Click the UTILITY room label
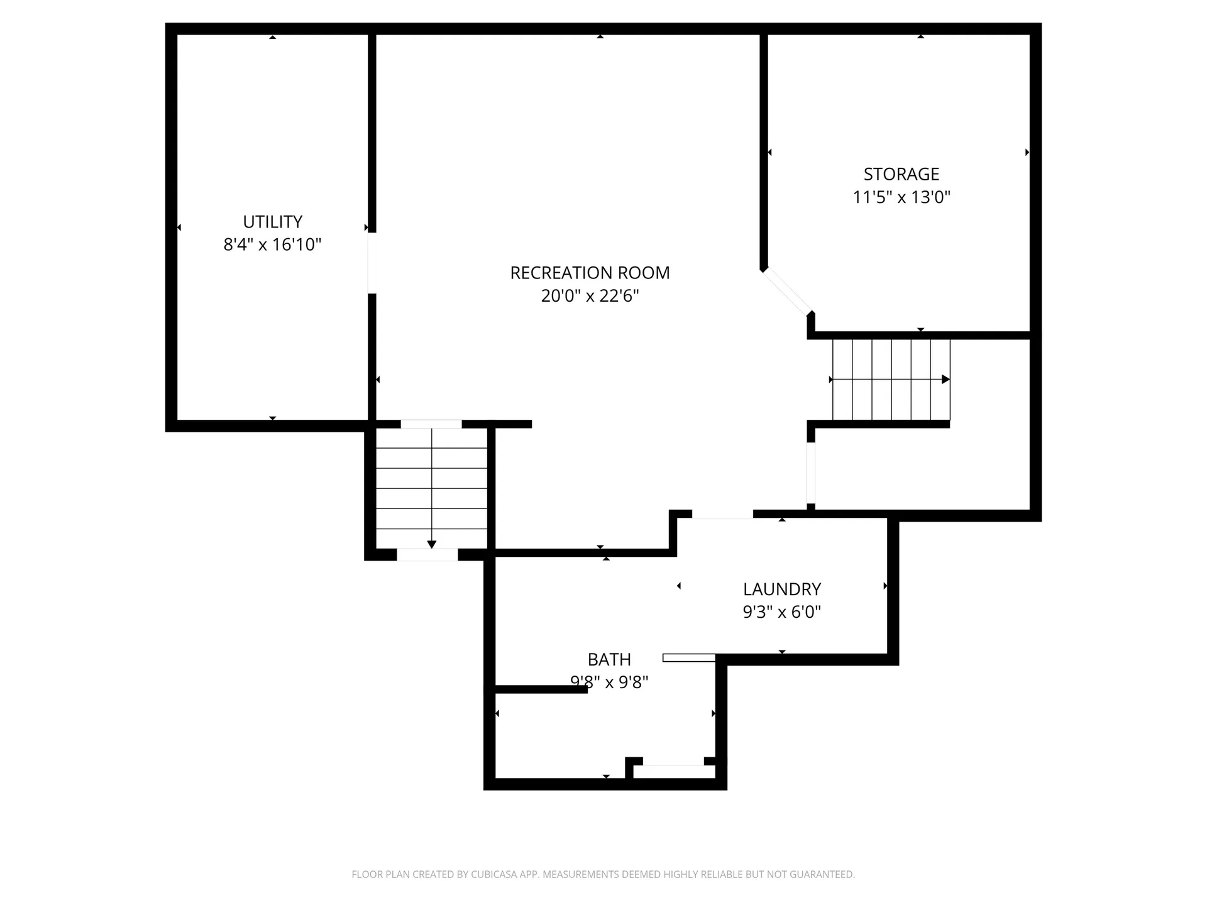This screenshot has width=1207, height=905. point(272,221)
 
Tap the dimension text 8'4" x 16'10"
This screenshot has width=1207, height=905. point(272,244)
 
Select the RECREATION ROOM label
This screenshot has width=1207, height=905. point(590,273)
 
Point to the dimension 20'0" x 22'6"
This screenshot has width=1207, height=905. point(590,295)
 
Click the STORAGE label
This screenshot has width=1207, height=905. point(901,174)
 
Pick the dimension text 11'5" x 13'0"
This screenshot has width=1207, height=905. point(901,197)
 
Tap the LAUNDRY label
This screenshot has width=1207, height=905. point(781,589)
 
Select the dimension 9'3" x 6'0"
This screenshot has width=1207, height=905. point(781,612)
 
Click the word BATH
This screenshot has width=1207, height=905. point(609,659)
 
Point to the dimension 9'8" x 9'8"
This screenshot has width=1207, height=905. point(609,682)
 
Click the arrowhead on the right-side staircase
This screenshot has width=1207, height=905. point(945,380)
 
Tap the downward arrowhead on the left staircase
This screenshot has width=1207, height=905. point(431,544)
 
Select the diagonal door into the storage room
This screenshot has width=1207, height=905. point(787,292)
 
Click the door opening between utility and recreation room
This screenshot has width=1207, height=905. point(372,263)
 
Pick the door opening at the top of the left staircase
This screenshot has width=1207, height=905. point(431,424)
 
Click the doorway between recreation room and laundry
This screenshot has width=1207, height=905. point(722,514)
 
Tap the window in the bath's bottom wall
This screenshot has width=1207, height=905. point(673,762)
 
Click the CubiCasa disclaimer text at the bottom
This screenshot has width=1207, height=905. point(603,874)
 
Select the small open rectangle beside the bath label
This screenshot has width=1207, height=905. point(688,658)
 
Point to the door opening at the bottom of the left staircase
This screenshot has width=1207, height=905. point(427,555)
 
